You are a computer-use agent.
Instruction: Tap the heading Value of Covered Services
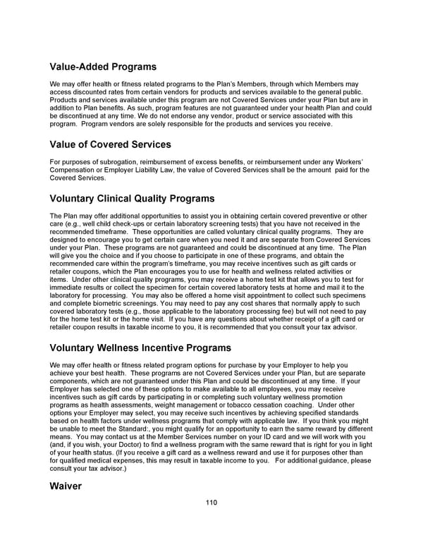pos(111,145)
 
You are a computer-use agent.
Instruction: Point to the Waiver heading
pos(66,486)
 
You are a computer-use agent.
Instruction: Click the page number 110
pos(211,502)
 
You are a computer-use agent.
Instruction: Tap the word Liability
pos(164,170)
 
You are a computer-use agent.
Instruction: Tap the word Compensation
pos(75,170)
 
